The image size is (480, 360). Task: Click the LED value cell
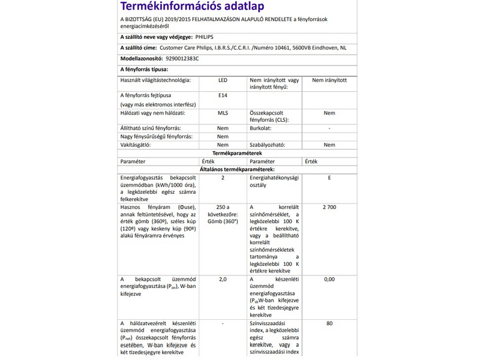click(x=223, y=80)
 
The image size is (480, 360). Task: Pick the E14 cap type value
click(x=223, y=95)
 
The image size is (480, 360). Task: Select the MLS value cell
click(x=223, y=113)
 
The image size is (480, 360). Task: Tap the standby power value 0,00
click(x=329, y=279)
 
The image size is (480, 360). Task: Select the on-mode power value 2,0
click(x=223, y=279)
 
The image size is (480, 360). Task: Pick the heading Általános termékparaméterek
click(x=238, y=170)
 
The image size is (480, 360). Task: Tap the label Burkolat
click(x=262, y=128)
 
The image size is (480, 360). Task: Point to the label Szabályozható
click(x=268, y=145)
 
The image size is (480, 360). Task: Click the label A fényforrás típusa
click(x=143, y=70)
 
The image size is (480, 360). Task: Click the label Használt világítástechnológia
click(x=155, y=80)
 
